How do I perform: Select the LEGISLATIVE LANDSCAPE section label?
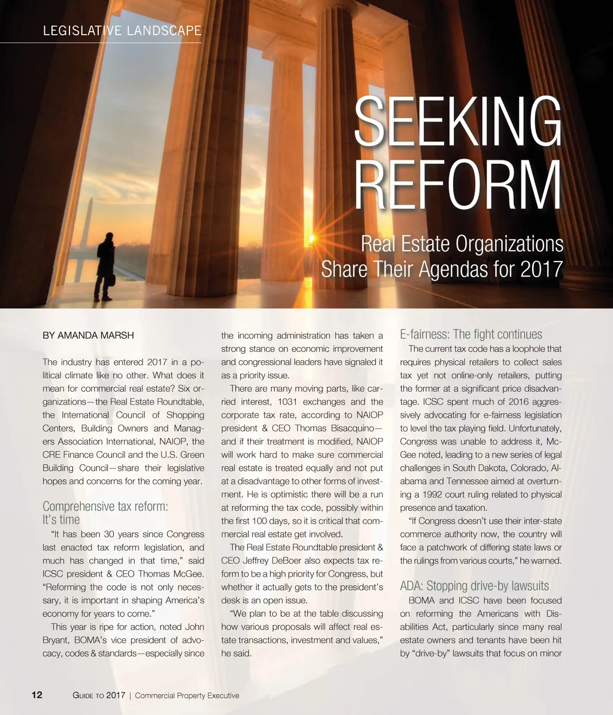pos(122,31)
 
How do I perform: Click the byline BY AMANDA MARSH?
pos(88,335)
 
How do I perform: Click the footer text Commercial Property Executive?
pos(187,695)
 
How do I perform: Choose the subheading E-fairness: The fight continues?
pos(471,334)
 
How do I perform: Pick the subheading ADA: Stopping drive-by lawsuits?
pos(474,586)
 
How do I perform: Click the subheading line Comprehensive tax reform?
pos(105,506)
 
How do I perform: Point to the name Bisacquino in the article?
pos(347,428)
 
